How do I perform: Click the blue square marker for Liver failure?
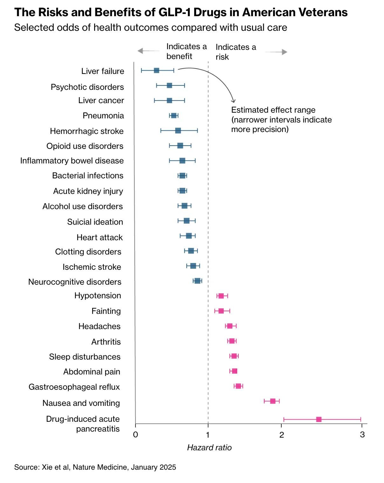click(156, 70)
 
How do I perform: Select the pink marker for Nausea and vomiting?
click(273, 401)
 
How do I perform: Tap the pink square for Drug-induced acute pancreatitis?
click(319, 420)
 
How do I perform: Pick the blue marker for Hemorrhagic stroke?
click(178, 130)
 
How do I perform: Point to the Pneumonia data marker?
click(174, 116)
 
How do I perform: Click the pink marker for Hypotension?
click(221, 296)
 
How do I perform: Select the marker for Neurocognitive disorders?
click(197, 281)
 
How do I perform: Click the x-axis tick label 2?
click(282, 435)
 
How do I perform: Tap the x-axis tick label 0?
click(135, 435)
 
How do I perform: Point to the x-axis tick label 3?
click(362, 435)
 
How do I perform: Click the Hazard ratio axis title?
click(209, 448)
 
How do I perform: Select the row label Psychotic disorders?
click(87, 87)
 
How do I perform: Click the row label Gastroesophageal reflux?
click(74, 387)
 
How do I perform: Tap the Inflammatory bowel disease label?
click(72, 161)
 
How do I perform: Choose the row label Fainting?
click(106, 311)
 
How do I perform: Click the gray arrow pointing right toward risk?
click(276, 52)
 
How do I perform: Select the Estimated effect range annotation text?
click(281, 120)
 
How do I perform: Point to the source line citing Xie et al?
click(95, 467)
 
